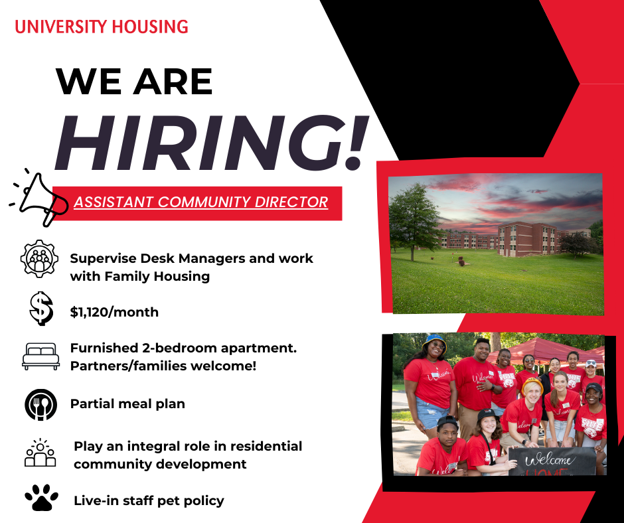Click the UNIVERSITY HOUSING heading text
click(101, 27)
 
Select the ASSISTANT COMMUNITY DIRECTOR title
click(201, 202)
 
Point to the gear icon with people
click(40, 259)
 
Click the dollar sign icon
click(40, 309)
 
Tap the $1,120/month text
click(114, 312)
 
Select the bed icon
click(40, 356)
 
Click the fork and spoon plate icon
click(40, 404)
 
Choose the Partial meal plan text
click(127, 404)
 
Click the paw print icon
click(40, 498)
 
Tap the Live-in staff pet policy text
click(149, 500)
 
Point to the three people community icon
click(40, 453)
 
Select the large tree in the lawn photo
click(414, 216)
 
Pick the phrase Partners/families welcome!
click(163, 366)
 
